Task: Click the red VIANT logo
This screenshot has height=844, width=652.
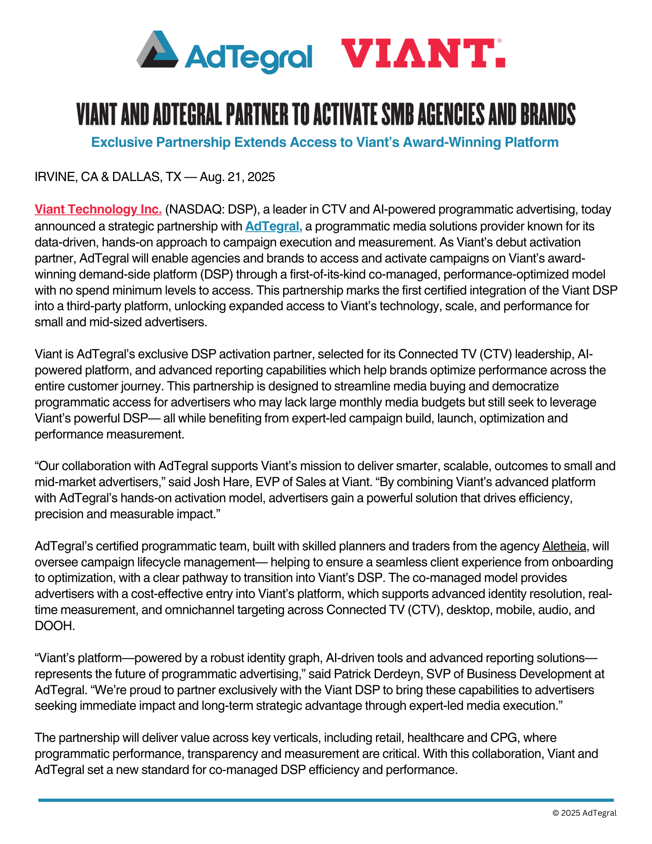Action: (422, 53)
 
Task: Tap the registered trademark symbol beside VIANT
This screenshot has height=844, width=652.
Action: (499, 41)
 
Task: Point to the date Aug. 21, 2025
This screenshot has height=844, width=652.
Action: (238, 177)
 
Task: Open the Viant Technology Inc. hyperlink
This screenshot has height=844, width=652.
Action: (98, 209)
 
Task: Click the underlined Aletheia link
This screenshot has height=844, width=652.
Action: (564, 546)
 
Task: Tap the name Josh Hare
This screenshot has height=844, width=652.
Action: (220, 482)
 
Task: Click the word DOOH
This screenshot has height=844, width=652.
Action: (54, 626)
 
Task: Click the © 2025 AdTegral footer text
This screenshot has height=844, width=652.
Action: (584, 813)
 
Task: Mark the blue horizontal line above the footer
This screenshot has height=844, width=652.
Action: (326, 800)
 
